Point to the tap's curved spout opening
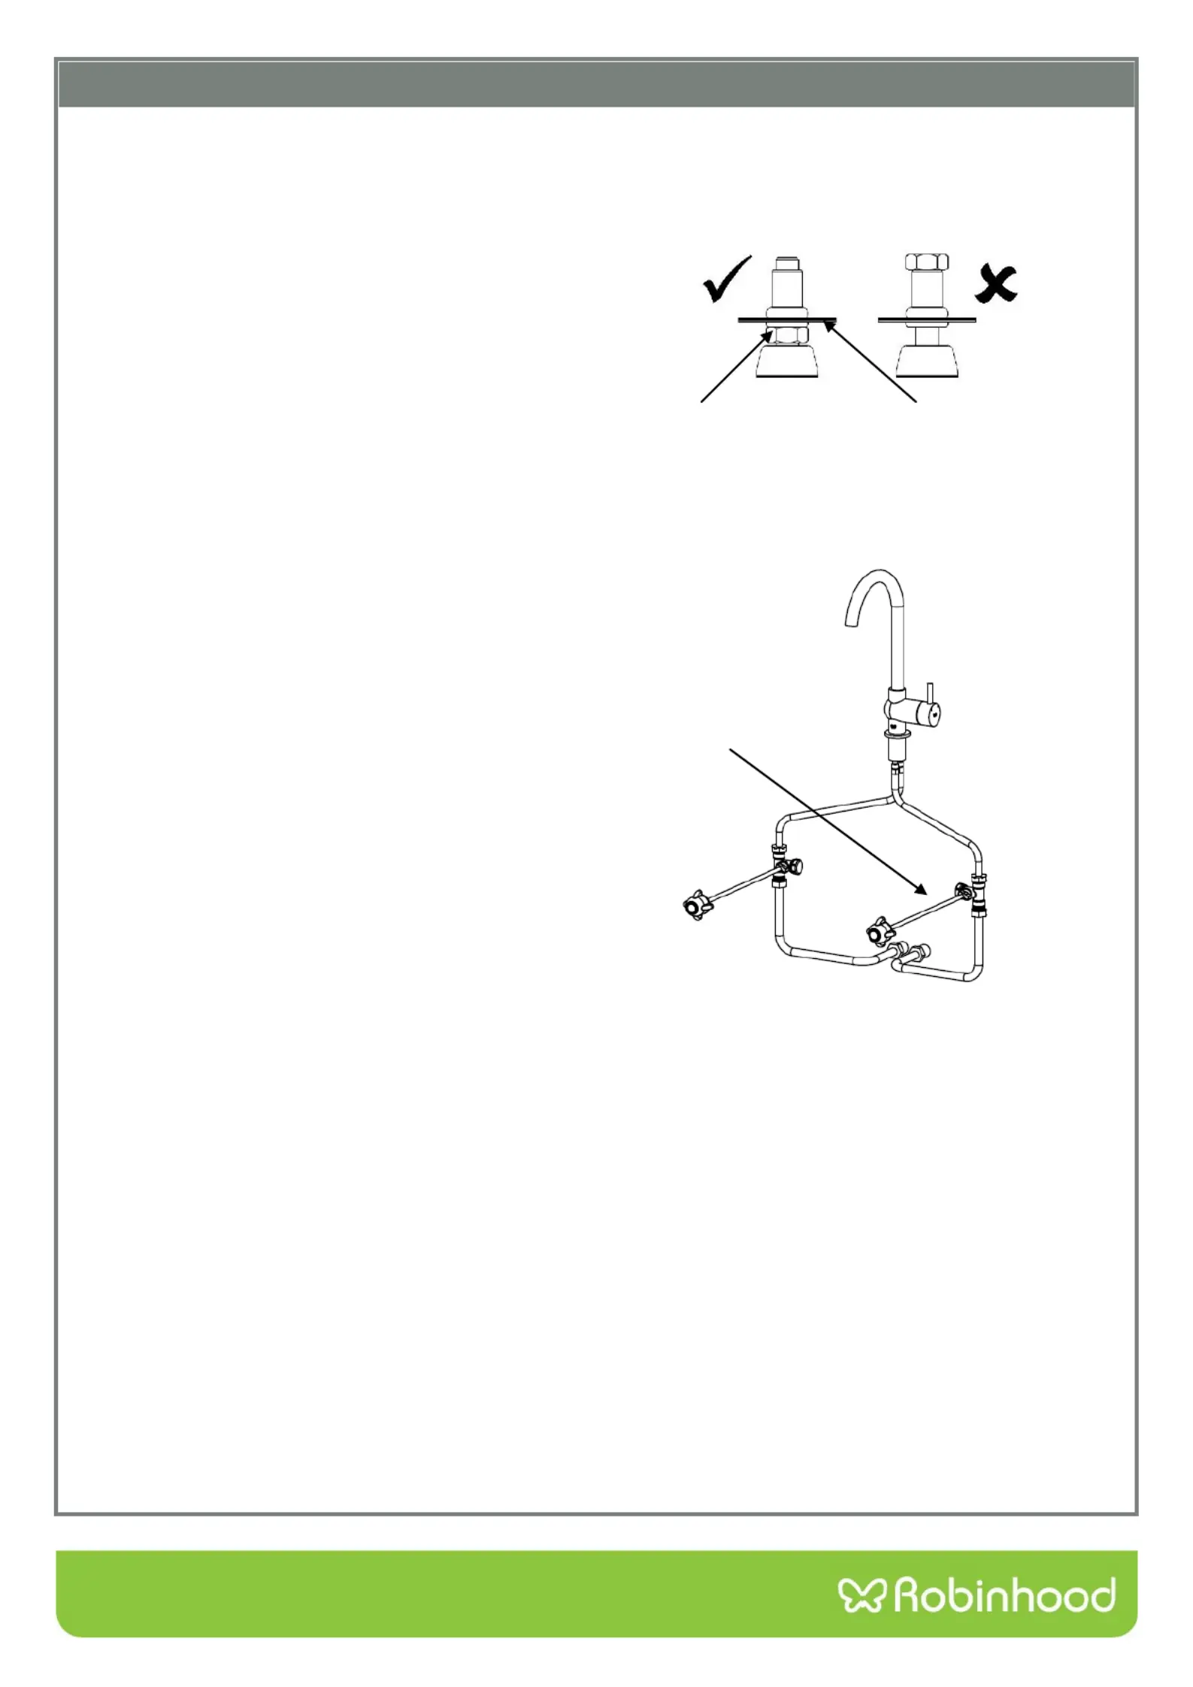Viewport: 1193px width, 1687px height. point(852,618)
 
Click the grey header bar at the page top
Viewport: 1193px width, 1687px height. point(596,83)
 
